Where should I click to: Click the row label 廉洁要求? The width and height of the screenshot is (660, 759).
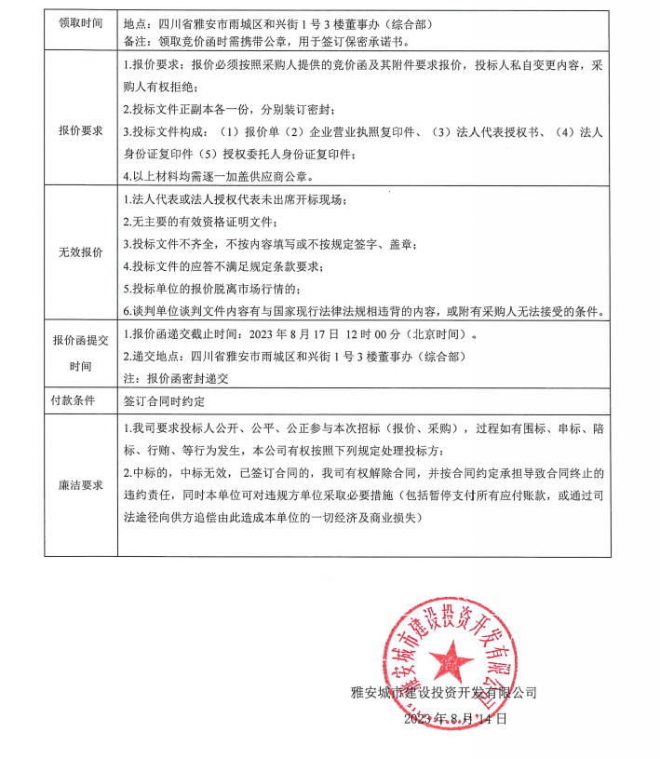click(81, 485)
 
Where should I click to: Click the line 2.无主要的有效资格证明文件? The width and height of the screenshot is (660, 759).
click(201, 223)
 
